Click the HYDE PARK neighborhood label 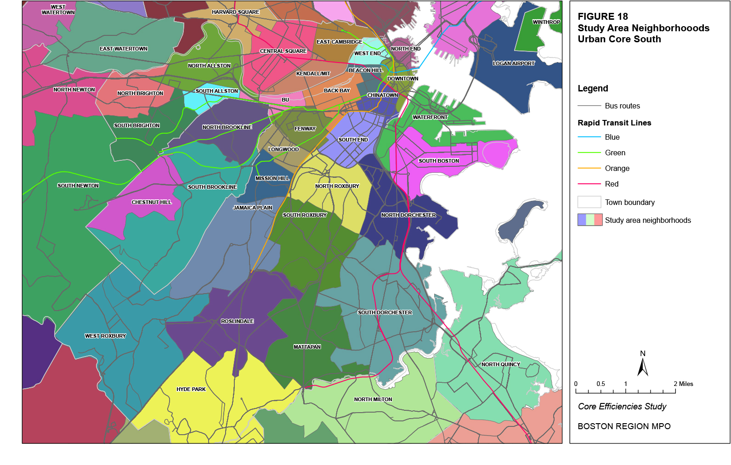[x=191, y=389]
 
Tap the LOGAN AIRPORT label [x=514, y=63]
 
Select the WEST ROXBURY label [x=105, y=336]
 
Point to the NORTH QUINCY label [x=501, y=364]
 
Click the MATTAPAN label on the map [x=307, y=347]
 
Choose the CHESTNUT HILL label [x=151, y=202]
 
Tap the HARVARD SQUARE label [x=235, y=12]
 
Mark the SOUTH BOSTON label [x=438, y=161]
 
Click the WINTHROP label [x=546, y=22]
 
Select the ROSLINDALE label [x=237, y=321]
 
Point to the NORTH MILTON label [x=373, y=399]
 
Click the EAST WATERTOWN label [x=124, y=49]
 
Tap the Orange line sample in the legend [x=589, y=168]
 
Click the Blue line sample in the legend [x=589, y=137]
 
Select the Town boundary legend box [x=589, y=202]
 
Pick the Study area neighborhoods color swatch [x=589, y=220]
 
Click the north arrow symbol [x=643, y=367]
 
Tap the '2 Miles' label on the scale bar [x=683, y=384]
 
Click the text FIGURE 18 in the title [x=602, y=17]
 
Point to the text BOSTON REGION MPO [x=623, y=426]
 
